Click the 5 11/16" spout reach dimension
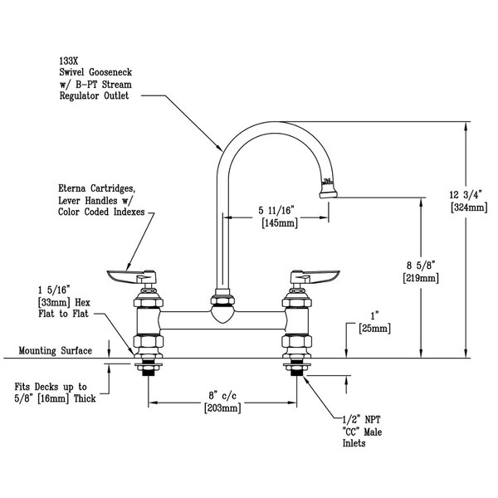click(x=279, y=211)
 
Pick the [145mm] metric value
click(x=279, y=223)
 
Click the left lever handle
click(x=124, y=274)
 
